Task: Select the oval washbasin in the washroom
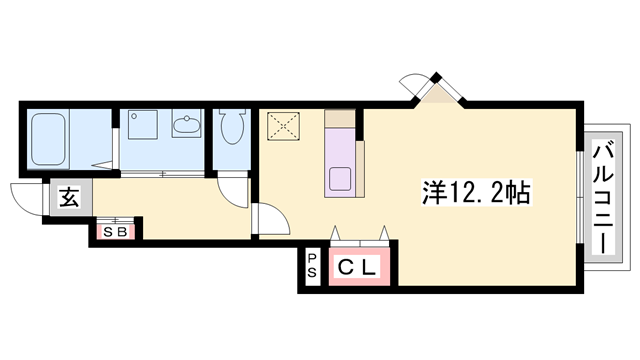coord(186,127)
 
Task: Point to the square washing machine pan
coord(141,125)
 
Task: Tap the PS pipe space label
coord(312,267)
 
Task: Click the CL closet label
coord(356,267)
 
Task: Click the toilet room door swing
coord(237,190)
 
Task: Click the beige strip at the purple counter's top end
coord(341,120)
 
